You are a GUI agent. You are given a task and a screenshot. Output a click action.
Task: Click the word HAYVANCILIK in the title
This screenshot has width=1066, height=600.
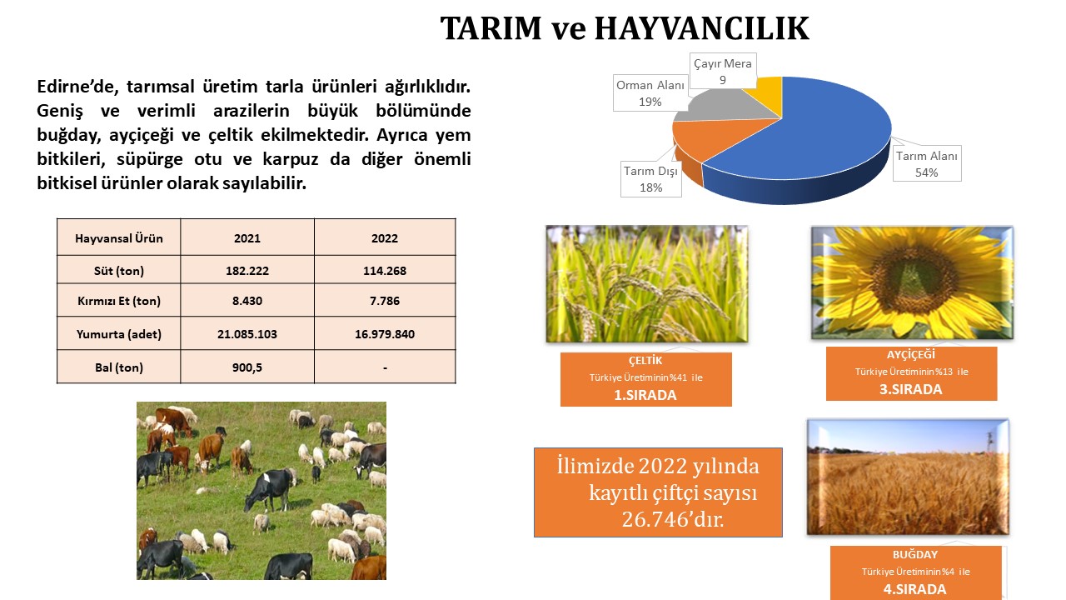tap(702, 28)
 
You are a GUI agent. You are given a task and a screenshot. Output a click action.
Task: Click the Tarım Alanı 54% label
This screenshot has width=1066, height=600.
tap(927, 164)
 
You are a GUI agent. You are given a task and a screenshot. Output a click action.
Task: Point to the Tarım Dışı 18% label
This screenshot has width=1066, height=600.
tap(650, 179)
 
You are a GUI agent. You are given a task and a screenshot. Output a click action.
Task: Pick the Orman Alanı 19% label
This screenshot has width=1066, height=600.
tap(650, 93)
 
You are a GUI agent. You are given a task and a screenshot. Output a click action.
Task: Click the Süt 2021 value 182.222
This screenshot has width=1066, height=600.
tap(247, 271)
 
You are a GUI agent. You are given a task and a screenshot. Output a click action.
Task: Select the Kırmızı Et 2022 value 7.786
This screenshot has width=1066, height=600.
tap(385, 301)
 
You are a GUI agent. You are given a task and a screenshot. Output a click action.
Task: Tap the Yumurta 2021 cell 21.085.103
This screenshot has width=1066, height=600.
tap(247, 334)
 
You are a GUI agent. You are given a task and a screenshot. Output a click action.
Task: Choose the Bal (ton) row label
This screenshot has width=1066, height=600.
tap(118, 367)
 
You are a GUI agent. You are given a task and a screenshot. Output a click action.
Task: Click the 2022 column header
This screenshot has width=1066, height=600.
tap(385, 238)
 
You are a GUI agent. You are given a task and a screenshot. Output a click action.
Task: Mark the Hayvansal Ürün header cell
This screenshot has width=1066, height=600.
tap(118, 238)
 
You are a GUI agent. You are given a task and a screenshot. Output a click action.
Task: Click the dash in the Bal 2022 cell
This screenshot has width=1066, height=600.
tap(385, 367)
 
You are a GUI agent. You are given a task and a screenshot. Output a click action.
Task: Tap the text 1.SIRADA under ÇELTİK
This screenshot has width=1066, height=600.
tap(645, 395)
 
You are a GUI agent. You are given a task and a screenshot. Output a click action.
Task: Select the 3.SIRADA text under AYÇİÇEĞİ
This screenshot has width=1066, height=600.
tap(911, 389)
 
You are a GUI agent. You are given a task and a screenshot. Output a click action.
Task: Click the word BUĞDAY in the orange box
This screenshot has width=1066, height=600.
tap(915, 554)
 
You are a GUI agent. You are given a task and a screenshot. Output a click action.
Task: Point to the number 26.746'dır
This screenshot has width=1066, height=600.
tap(672, 519)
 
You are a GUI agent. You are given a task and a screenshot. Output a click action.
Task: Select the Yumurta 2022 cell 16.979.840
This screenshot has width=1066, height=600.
tap(385, 334)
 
